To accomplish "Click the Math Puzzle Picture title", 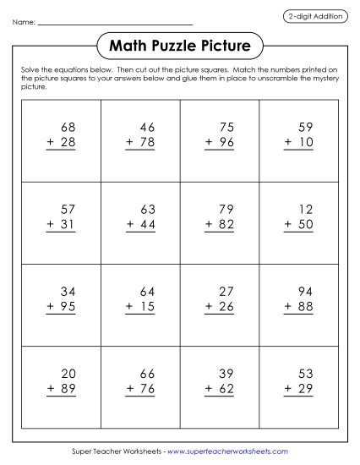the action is (180, 43).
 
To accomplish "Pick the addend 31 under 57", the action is (68, 222).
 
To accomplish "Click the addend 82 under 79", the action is (226, 222).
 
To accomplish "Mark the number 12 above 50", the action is (305, 207).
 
